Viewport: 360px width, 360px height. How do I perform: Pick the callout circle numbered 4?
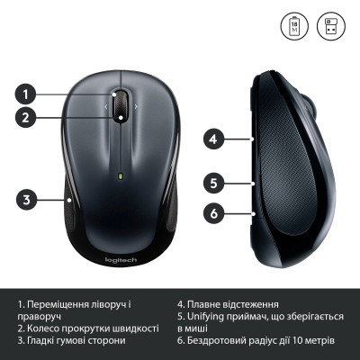(x=212, y=139)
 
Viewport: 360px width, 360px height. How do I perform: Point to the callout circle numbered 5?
(x=212, y=183)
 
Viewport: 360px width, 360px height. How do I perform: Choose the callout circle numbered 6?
(x=212, y=213)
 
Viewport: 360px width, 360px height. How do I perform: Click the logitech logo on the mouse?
(x=121, y=261)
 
